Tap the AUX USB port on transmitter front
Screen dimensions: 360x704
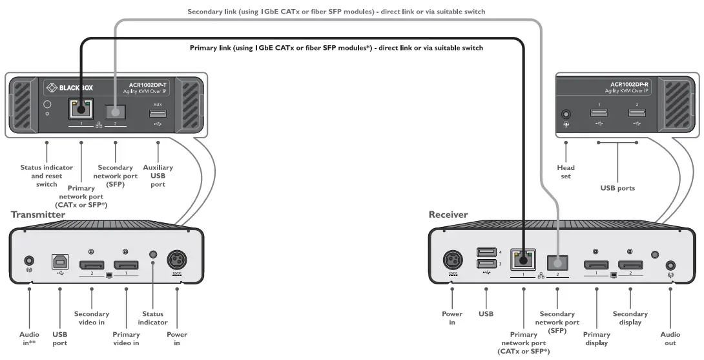coord(158,114)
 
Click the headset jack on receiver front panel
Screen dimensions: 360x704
coord(566,114)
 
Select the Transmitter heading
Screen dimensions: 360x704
coord(38,214)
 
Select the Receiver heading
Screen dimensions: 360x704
coord(448,214)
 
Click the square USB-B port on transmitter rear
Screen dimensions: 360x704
coord(59,262)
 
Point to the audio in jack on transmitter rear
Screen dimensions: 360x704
coord(29,262)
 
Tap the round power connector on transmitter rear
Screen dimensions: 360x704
coord(176,262)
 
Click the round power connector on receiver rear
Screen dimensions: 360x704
coord(452,262)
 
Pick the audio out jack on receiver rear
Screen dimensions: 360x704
coord(670,265)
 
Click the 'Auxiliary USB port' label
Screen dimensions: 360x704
coord(158,176)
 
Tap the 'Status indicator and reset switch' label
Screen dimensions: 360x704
coord(47,176)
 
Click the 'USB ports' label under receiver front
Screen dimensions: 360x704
coord(617,188)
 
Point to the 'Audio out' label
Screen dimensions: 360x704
coord(670,339)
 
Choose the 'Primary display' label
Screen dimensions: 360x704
coord(596,339)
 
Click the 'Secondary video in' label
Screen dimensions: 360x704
coord(92,318)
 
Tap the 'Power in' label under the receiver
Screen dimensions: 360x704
coord(451,318)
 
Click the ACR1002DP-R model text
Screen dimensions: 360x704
coord(630,84)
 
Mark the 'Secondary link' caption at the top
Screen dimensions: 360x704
coord(336,12)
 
